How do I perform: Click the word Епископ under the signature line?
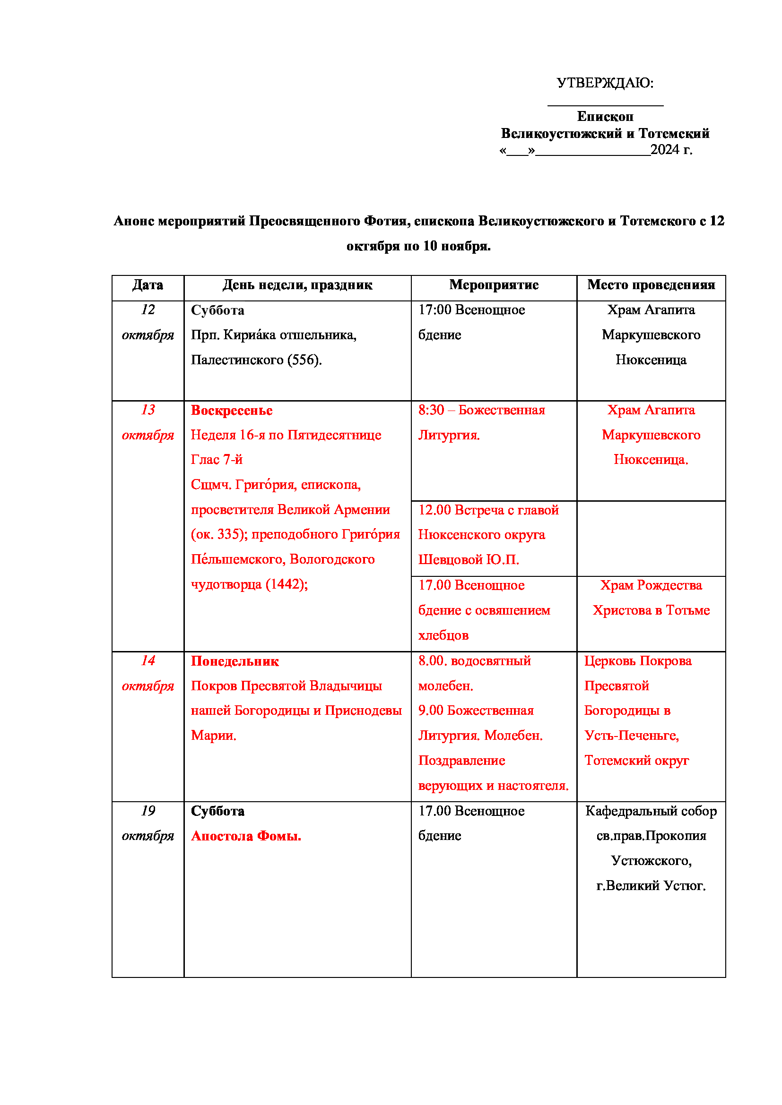coord(605,117)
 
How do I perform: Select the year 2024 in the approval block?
coord(664,150)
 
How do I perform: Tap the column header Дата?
coord(148,285)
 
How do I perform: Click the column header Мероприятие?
coord(494,285)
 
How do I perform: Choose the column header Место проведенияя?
coord(651,285)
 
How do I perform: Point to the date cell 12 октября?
coord(148,323)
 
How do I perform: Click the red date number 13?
coord(148,410)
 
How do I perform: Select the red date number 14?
coord(148,660)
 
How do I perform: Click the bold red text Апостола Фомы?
coord(246,836)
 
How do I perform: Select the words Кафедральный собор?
coord(651,811)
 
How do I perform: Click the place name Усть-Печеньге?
coord(631,736)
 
